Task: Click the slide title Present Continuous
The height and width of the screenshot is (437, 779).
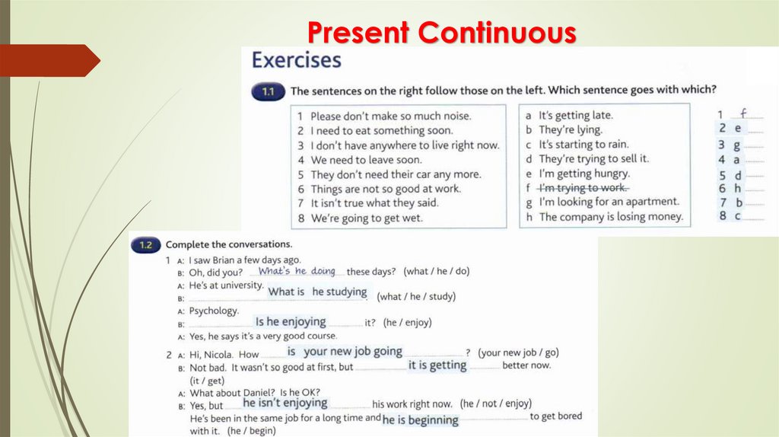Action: click(x=442, y=33)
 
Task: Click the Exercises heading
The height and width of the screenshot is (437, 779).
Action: click(x=297, y=60)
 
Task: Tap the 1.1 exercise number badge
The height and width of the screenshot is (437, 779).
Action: click(x=267, y=91)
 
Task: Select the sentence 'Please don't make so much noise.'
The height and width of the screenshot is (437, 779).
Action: click(x=384, y=116)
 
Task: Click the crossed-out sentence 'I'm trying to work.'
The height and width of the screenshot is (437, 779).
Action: click(x=583, y=187)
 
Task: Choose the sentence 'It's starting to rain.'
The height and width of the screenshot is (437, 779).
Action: click(x=583, y=145)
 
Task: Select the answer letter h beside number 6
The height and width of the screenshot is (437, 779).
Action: click(x=736, y=188)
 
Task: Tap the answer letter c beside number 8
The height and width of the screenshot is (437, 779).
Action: click(x=736, y=216)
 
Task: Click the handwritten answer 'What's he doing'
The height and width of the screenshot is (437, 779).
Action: click(x=297, y=271)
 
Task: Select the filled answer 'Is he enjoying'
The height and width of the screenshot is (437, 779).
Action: click(x=291, y=321)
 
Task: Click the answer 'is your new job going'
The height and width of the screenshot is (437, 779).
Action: click(x=345, y=352)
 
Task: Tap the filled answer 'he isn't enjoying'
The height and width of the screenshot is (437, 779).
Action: click(x=285, y=403)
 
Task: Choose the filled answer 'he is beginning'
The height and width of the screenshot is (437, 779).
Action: click(x=420, y=419)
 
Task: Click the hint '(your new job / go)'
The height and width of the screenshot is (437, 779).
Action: click(x=518, y=353)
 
